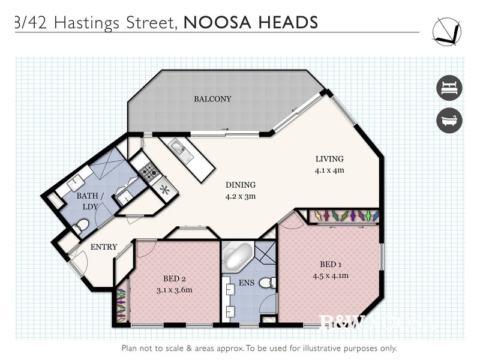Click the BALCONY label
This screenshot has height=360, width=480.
212,99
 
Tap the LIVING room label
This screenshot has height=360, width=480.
329,159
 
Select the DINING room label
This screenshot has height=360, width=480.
240,185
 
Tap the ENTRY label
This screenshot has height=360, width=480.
103,247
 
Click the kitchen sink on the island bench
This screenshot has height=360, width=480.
179,148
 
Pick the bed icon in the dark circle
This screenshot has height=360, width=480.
449,88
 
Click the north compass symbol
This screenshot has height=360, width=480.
446,30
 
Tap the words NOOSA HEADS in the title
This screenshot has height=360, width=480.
250,22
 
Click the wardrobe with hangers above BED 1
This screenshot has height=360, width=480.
342,215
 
